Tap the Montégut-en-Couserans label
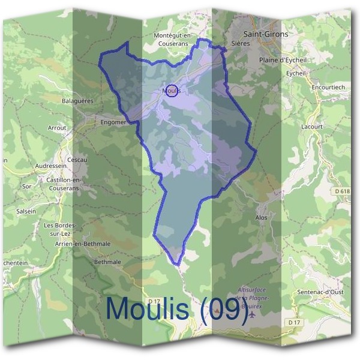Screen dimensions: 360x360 172,40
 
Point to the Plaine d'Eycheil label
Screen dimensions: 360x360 283,60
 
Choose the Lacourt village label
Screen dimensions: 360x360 313,127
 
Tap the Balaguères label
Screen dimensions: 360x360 78,101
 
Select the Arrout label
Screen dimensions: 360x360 57,128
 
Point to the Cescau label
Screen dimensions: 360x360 78,160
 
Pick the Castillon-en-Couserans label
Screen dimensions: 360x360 59,184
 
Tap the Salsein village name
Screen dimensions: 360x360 26,211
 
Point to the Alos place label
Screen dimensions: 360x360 261,218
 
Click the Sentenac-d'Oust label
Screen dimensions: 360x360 321,292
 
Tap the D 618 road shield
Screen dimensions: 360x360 341,191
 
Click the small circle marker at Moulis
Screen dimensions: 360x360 170,90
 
